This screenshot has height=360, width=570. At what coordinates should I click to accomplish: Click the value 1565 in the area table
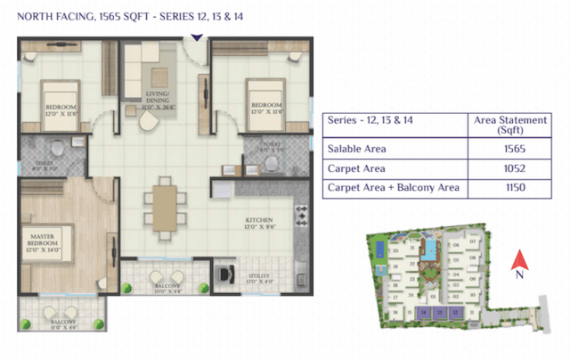512,149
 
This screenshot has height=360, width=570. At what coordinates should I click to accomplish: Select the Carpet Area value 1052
512,168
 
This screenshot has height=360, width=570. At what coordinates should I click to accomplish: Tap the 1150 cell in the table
512,188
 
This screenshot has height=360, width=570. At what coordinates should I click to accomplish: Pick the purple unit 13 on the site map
439,314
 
